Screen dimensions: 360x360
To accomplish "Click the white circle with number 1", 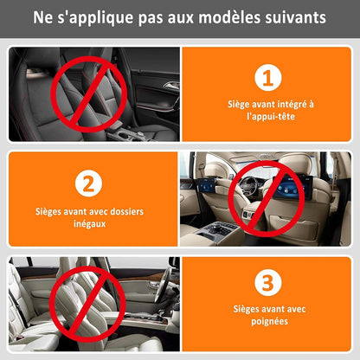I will tap(268, 78).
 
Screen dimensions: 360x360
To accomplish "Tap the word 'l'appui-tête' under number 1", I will tap(268, 115).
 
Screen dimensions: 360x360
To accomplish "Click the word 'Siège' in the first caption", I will tap(240, 102).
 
